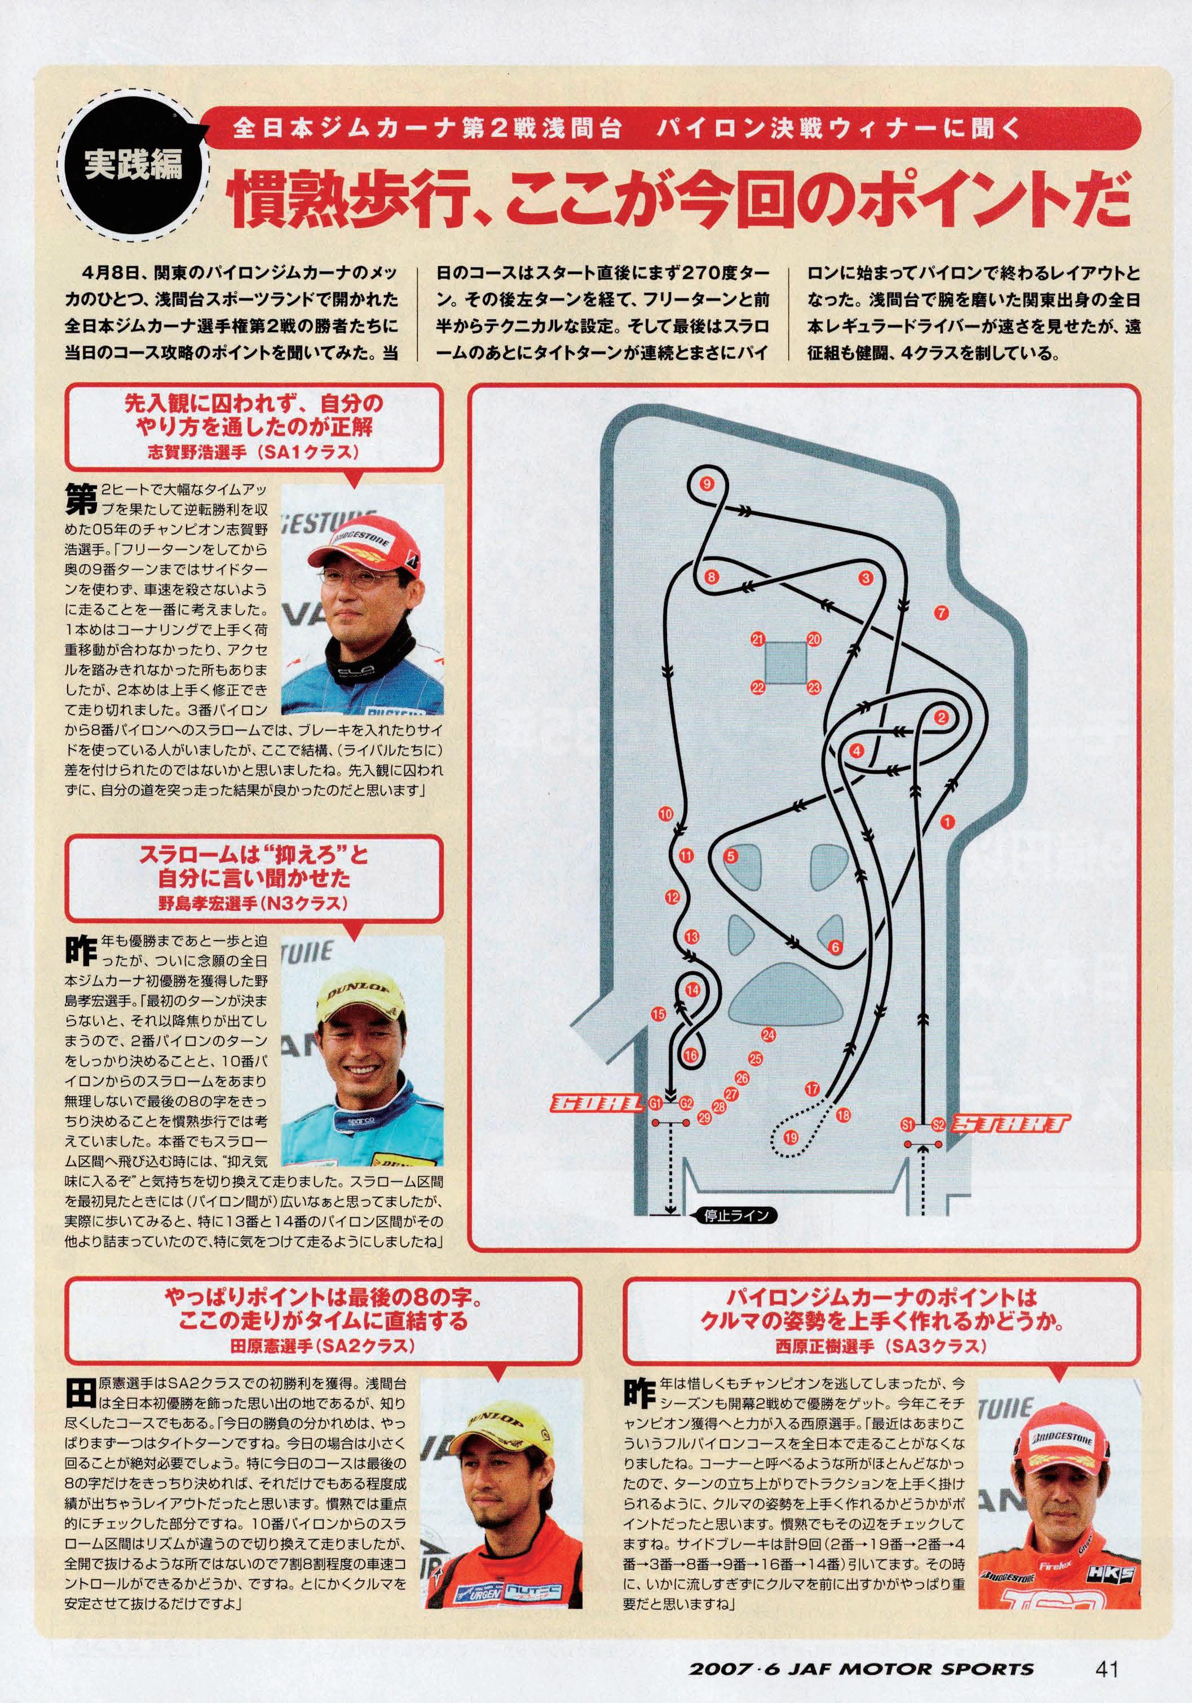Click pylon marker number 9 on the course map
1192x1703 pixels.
pos(706,484)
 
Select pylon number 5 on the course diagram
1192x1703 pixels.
pos(731,857)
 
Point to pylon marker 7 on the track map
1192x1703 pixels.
pos(941,612)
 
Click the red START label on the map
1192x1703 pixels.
pos(1010,1124)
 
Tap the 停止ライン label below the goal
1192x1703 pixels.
pos(731,1215)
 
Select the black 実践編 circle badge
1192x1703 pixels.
pos(134,165)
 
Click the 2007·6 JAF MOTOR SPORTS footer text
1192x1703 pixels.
pos(861,1648)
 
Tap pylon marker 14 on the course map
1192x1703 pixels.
pos(692,990)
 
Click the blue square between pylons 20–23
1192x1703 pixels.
pos(785,663)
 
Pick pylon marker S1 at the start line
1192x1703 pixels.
pos(907,1125)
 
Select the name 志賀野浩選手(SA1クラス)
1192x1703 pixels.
pos(253,451)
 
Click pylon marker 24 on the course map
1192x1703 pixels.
pos(768,1035)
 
